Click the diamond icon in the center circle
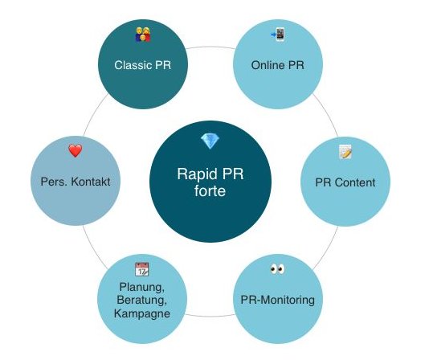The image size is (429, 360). point(210,141)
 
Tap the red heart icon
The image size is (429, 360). point(76,150)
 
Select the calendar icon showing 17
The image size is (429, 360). point(141,269)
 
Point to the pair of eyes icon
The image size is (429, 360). point(277,269)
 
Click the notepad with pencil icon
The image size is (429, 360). point(345,152)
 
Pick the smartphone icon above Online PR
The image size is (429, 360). point(278,35)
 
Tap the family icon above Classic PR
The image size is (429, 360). point(143,35)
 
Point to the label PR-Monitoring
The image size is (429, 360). point(277,300)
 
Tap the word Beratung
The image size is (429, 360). point(141,300)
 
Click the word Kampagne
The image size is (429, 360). point(142,313)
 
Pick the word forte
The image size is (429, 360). point(210,190)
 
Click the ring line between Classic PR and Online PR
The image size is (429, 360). point(210,47)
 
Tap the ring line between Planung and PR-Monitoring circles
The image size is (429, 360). point(210,316)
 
